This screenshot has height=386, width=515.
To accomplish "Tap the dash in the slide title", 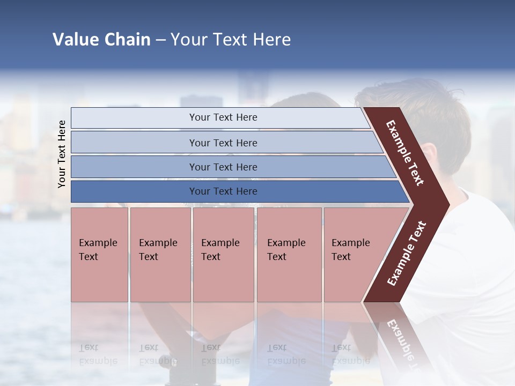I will coord(161,40).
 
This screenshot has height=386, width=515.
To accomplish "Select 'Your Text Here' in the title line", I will coord(231,40).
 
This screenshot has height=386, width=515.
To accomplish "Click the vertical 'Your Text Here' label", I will coord(62,154).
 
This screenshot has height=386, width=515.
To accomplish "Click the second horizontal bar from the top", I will coord(223,143).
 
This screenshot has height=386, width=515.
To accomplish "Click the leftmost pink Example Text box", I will coord(99,255).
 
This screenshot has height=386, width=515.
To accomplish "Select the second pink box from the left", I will coord(160,255).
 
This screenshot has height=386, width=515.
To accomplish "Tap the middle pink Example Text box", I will coord(223,255).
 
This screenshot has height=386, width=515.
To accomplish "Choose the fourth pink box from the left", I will coord(289,255).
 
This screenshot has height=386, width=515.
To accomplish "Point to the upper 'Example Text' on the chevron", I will coord(405,153).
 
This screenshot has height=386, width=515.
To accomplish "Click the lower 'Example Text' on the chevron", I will coord(407,253).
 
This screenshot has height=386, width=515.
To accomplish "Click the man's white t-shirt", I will coord(472,268).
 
